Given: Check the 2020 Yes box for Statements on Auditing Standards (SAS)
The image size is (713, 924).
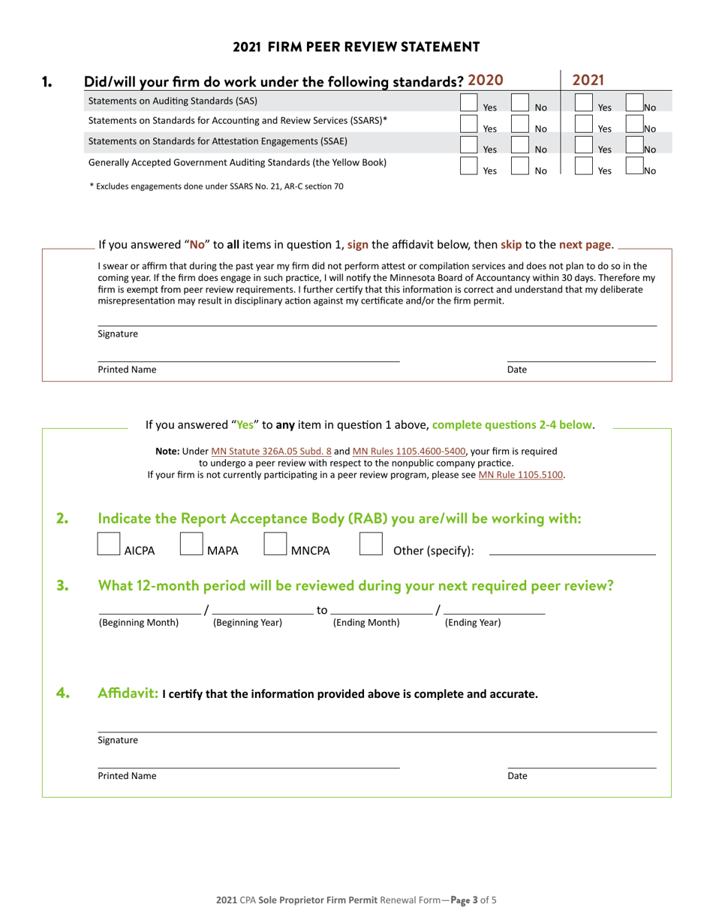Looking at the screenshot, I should (468, 102).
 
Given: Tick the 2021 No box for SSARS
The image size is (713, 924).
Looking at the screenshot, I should (634, 123).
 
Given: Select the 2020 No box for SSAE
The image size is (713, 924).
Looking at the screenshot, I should (519, 144).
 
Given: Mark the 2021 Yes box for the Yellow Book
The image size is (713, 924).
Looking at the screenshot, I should (583, 165).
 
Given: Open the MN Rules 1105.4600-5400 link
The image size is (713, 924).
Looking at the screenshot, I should (408, 451).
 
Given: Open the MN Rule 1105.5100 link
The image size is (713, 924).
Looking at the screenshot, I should (521, 475).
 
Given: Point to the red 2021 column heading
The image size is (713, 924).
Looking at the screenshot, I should (589, 80).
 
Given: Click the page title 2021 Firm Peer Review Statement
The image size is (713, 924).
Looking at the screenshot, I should (356, 47).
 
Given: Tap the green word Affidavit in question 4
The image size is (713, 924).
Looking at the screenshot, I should (128, 693).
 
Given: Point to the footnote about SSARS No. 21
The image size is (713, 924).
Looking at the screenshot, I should (216, 186).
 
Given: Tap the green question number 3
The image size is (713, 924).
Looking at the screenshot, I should (63, 586).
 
